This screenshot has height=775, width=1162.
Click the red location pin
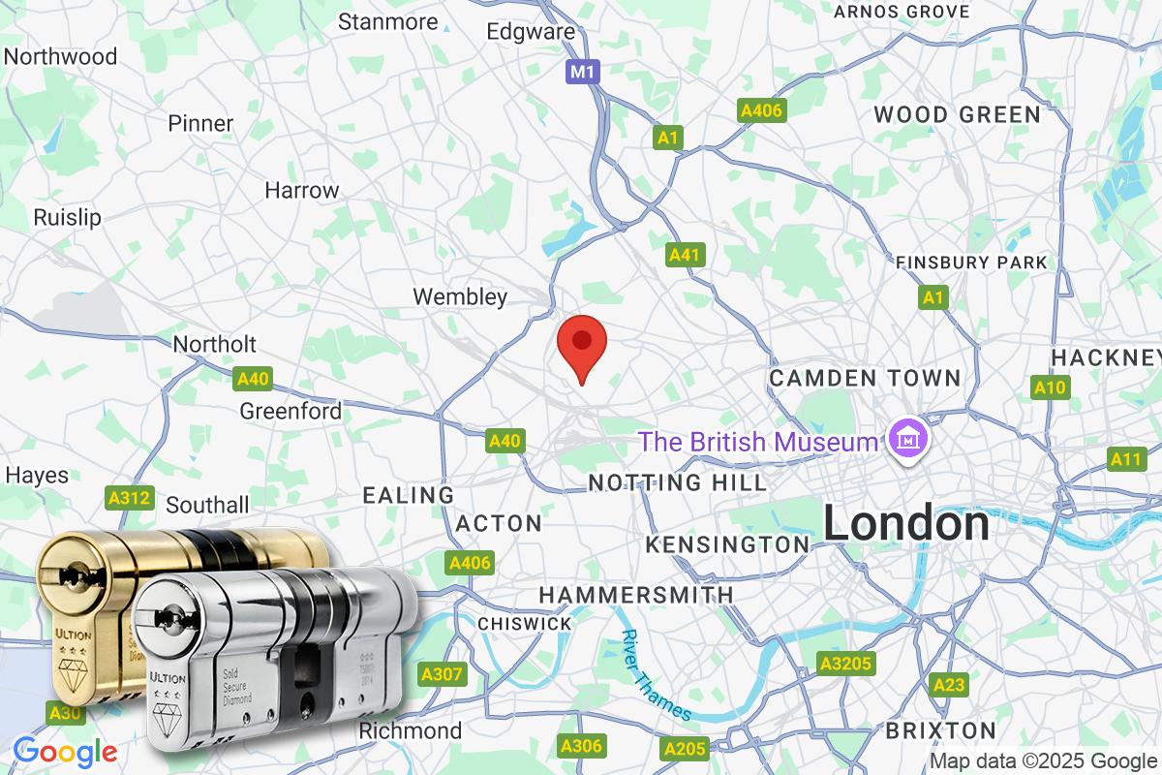[x=583, y=344]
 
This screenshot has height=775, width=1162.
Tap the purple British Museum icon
[x=909, y=441]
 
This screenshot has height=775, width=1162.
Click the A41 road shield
[x=686, y=255]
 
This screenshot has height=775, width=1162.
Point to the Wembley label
[x=460, y=296]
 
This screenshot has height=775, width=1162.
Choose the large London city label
[x=906, y=524]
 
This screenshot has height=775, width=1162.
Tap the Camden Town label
[x=865, y=378]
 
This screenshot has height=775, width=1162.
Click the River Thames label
[x=657, y=675]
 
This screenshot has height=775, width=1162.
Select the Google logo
[x=65, y=752]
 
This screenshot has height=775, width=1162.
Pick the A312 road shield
[x=129, y=498]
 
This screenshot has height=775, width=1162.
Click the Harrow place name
[x=302, y=190]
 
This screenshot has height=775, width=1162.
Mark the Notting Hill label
[x=678, y=481]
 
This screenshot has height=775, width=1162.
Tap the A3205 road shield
[x=846, y=664]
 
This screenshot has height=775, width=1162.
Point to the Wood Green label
[x=957, y=114]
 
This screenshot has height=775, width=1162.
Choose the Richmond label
[x=410, y=730]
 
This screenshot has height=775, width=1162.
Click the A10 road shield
[x=1050, y=388]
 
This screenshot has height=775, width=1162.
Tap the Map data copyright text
[x=1043, y=760]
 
